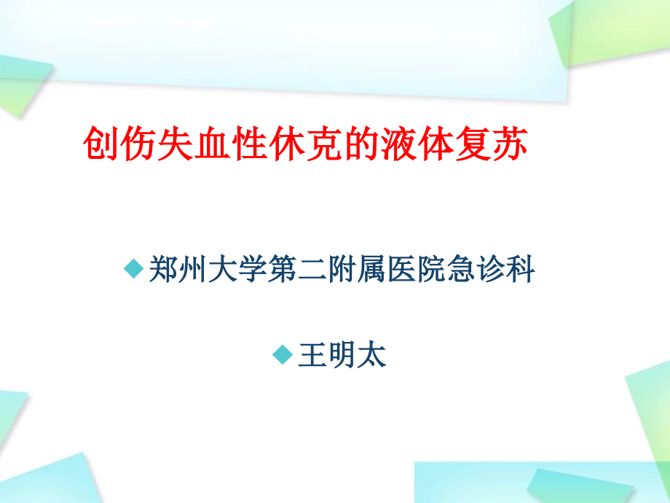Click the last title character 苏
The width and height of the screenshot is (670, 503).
pyautogui.click(x=509, y=144)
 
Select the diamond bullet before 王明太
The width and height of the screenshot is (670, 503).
pyautogui.click(x=282, y=355)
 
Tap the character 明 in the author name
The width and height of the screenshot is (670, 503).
pyautogui.click(x=342, y=356)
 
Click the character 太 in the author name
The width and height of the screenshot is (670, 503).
pyautogui.click(x=372, y=356)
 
